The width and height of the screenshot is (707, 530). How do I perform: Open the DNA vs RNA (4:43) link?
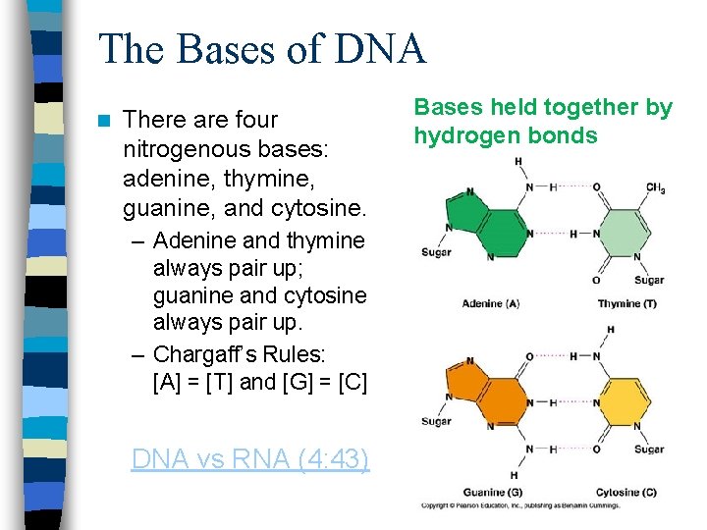click(250, 458)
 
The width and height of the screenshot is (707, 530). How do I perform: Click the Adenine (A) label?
click(490, 304)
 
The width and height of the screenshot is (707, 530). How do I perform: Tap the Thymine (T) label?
click(626, 304)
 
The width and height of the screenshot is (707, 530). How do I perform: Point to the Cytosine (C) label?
click(625, 492)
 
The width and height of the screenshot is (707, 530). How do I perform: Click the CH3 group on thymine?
click(656, 188)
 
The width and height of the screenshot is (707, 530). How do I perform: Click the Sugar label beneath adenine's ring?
click(435, 252)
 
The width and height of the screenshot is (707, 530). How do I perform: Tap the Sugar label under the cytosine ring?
click(648, 450)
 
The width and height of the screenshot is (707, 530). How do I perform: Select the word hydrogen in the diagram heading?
click(458, 135)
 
